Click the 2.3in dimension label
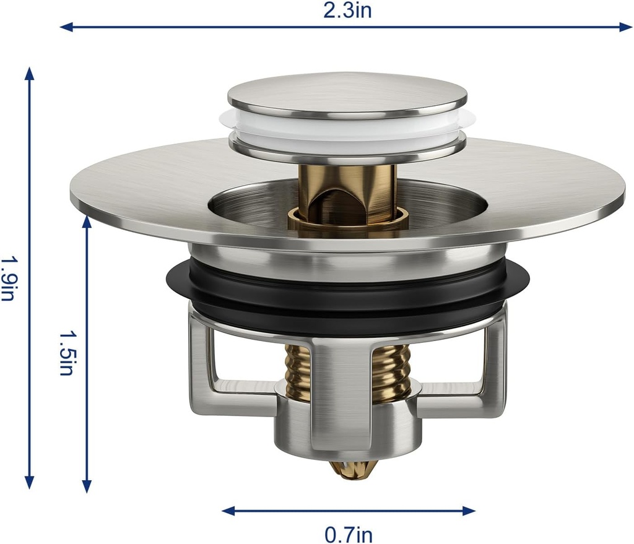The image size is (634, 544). coord(347,11)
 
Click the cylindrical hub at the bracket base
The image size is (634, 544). coord(347,427)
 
